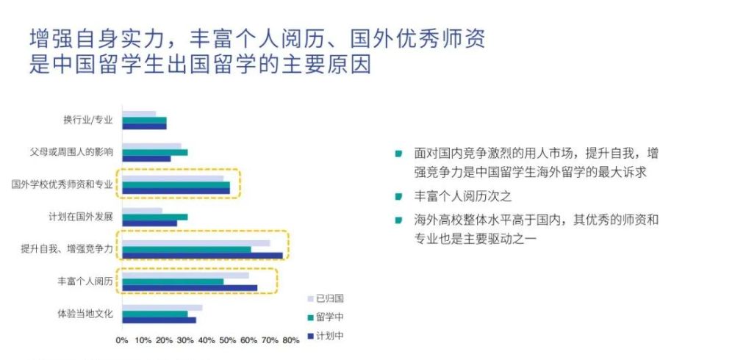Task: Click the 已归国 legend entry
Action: coord(326,298)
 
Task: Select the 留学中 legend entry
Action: coord(326,317)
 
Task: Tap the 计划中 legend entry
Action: coord(326,336)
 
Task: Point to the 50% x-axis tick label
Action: coord(228,341)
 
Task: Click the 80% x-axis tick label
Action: coord(291,341)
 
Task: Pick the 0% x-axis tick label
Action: coord(122,341)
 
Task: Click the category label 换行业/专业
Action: coord(88,120)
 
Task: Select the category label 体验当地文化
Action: coord(85,314)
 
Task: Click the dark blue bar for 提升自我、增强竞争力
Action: coord(203,256)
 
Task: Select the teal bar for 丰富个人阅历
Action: coord(173,281)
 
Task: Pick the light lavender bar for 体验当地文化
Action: coord(162,308)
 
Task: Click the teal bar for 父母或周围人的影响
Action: coord(155,152)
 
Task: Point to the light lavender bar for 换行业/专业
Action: coord(139,114)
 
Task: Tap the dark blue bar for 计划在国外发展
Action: coord(150,223)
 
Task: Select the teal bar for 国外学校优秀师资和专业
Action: coord(176,184)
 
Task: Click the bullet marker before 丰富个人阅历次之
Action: coord(398,197)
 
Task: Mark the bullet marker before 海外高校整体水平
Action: coord(398,220)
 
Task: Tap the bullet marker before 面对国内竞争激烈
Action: coord(398,154)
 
